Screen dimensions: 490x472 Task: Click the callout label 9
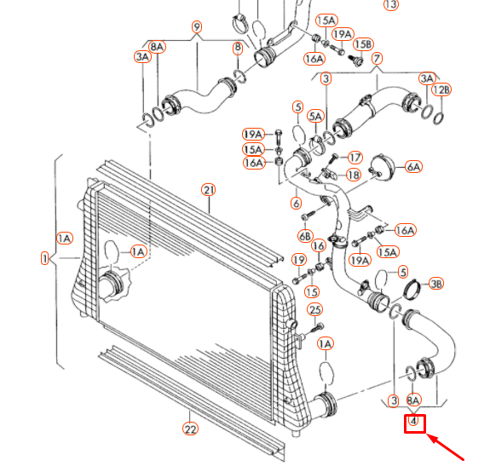pyautogui.click(x=197, y=27)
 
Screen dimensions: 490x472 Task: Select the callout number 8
pyautogui.click(x=238, y=48)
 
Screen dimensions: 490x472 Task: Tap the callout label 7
pyautogui.click(x=377, y=59)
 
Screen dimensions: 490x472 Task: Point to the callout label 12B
pyautogui.click(x=441, y=90)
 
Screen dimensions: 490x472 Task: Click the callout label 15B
pyautogui.click(x=363, y=44)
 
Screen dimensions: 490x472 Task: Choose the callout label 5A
pyautogui.click(x=315, y=116)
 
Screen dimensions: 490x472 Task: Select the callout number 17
pyautogui.click(x=355, y=157)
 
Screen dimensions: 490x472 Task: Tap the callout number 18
pyautogui.click(x=354, y=175)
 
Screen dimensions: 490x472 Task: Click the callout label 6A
pyautogui.click(x=413, y=167)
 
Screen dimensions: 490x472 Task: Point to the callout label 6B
pyautogui.click(x=305, y=236)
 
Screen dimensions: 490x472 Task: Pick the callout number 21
pyautogui.click(x=209, y=190)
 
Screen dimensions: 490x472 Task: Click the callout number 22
pyautogui.click(x=190, y=429)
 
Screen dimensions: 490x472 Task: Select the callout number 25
pyautogui.click(x=314, y=309)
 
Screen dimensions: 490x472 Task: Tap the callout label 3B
pyautogui.click(x=436, y=284)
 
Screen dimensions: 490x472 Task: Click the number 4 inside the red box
pyautogui.click(x=413, y=421)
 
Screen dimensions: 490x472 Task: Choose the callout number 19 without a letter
pyautogui.click(x=299, y=260)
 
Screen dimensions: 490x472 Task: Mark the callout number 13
pyautogui.click(x=391, y=4)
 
